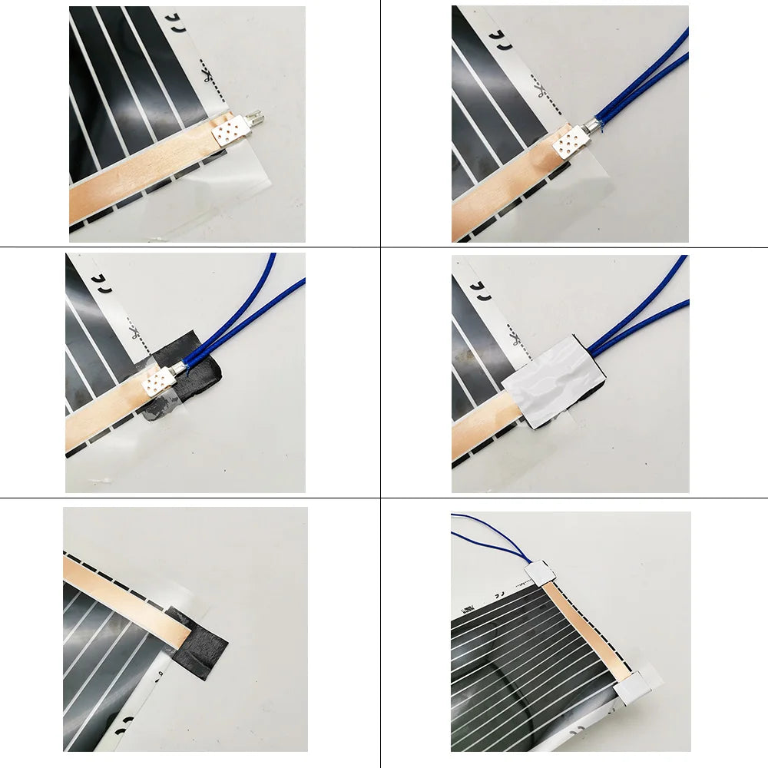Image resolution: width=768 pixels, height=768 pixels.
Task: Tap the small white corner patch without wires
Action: click(636, 686)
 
